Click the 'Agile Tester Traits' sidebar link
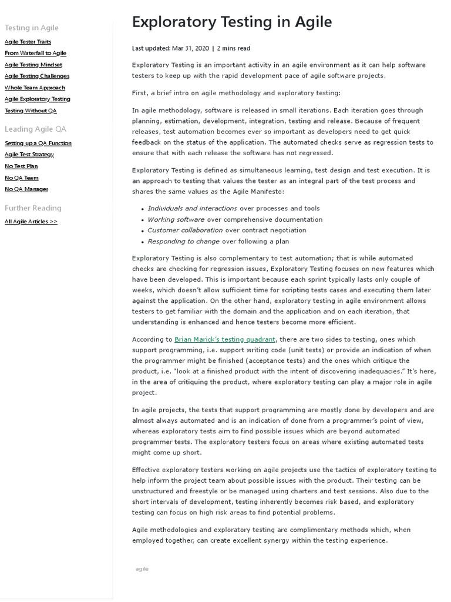(28, 42)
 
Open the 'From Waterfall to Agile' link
(35, 53)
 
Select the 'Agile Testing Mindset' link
(33, 65)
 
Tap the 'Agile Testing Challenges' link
(37, 76)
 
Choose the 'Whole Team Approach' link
(35, 88)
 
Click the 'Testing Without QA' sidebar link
(31, 111)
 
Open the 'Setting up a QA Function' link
(38, 143)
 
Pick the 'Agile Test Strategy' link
(29, 155)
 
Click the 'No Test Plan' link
(21, 166)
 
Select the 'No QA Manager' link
(26, 189)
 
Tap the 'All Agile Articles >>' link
(31, 222)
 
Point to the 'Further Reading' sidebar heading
(33, 208)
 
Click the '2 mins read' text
(233, 48)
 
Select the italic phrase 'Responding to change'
(183, 242)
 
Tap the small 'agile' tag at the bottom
(142, 569)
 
